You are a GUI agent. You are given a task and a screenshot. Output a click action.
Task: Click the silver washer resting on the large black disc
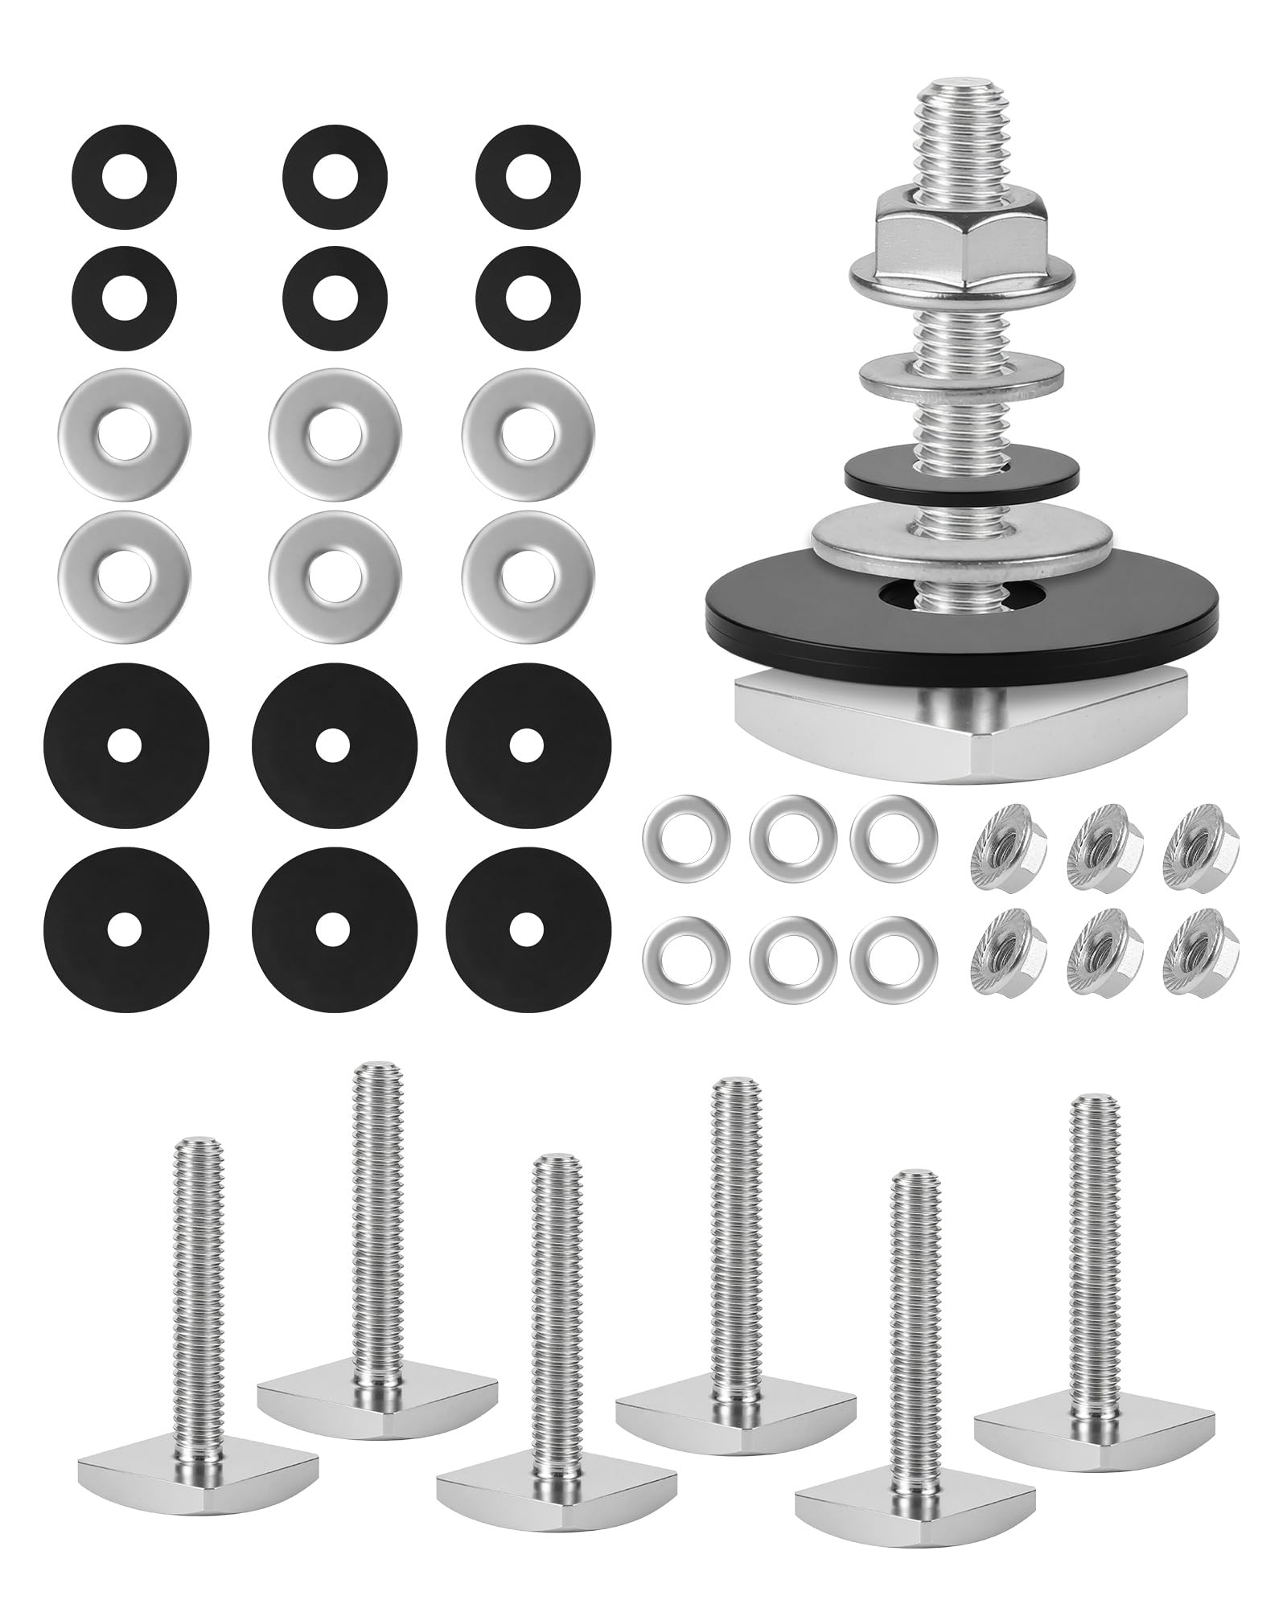tap(962, 537)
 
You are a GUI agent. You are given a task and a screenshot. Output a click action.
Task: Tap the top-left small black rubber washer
tap(124, 176)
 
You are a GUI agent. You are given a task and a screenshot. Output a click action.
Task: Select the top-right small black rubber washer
tap(528, 176)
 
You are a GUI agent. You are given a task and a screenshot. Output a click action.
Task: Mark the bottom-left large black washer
tap(125, 930)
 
